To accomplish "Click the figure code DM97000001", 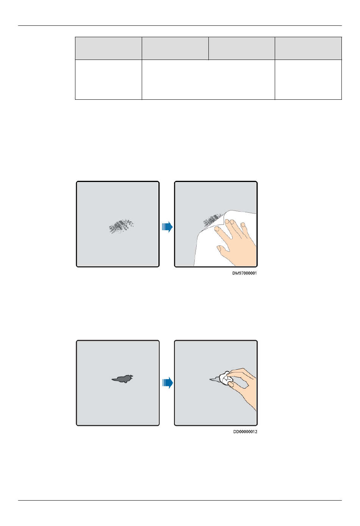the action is pyautogui.click(x=244, y=273).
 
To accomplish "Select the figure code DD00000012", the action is pyautogui.click(x=245, y=432).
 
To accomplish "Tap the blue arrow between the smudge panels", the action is pyautogui.click(x=167, y=227).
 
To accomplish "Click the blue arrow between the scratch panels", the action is pyautogui.click(x=167, y=383).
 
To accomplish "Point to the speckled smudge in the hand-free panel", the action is pyautogui.click(x=121, y=226).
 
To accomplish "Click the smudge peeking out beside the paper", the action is pyautogui.click(x=212, y=220).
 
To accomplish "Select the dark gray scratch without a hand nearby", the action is pyautogui.click(x=122, y=379).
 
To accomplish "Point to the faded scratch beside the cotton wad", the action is pyautogui.click(x=214, y=379).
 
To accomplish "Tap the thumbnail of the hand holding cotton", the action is pyautogui.click(x=231, y=384).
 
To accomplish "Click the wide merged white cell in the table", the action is pyautogui.click(x=208, y=80).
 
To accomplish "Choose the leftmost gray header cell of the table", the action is pyautogui.click(x=108, y=48).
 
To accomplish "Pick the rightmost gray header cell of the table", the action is pyautogui.click(x=308, y=48).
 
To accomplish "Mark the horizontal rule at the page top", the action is pyautogui.click(x=180, y=25).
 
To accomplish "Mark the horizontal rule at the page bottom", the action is pyautogui.click(x=180, y=500).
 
